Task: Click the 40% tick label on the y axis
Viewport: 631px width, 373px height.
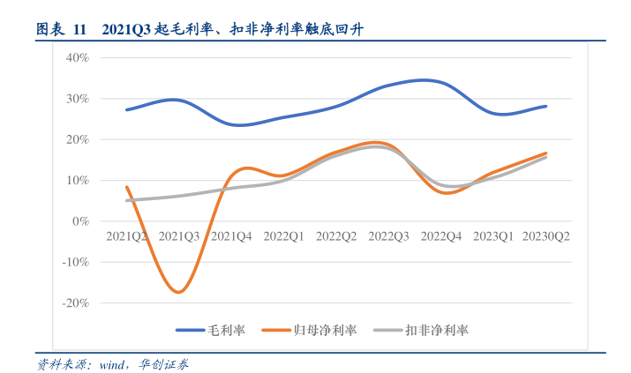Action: [77, 58]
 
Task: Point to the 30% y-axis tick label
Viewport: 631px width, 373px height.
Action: [77, 99]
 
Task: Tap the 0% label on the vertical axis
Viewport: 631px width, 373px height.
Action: [80, 221]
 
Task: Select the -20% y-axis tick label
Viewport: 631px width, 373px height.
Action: [74, 302]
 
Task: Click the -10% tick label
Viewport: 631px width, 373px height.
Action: [74, 262]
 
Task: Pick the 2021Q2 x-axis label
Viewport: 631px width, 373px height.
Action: [127, 236]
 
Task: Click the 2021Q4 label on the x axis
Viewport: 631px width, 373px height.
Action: [232, 236]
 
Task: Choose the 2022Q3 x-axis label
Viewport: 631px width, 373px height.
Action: [388, 236]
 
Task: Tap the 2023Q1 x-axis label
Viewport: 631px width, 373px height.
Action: [493, 236]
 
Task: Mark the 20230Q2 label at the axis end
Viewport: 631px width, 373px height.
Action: [545, 236]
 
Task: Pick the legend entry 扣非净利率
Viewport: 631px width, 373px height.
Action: [437, 330]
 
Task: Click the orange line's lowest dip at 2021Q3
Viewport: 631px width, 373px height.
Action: [178, 292]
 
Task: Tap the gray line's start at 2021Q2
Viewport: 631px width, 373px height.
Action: [128, 200]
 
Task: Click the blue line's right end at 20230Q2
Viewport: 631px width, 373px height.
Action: [545, 106]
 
